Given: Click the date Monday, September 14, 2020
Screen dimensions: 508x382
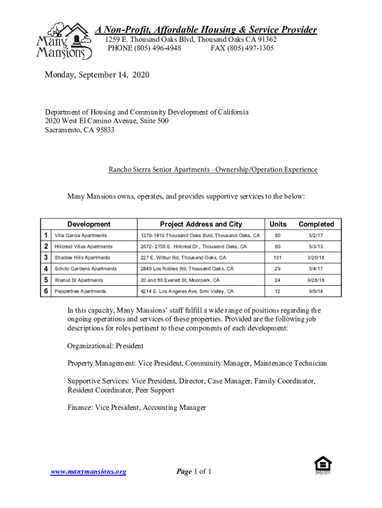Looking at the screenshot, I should (x=97, y=75).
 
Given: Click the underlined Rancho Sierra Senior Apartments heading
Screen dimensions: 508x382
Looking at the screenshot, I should (x=213, y=170).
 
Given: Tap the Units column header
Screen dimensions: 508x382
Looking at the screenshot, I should (x=278, y=224).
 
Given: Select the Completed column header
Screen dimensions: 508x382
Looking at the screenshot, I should (x=316, y=224).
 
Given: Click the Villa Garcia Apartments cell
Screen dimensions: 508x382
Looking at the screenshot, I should (x=80, y=235).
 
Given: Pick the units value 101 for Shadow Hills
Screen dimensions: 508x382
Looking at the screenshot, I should (x=278, y=257).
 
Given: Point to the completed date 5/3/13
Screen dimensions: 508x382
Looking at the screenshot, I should (x=316, y=247).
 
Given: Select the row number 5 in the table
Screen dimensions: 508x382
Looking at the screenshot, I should (x=46, y=280).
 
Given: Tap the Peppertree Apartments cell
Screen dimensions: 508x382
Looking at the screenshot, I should (x=80, y=291).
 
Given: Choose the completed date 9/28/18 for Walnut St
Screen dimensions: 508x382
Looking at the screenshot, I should (x=316, y=280).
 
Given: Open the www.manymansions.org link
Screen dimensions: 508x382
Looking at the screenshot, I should (x=88, y=472).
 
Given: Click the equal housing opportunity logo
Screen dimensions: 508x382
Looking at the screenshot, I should (x=323, y=465).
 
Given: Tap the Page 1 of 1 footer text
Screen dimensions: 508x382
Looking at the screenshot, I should (x=194, y=471).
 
